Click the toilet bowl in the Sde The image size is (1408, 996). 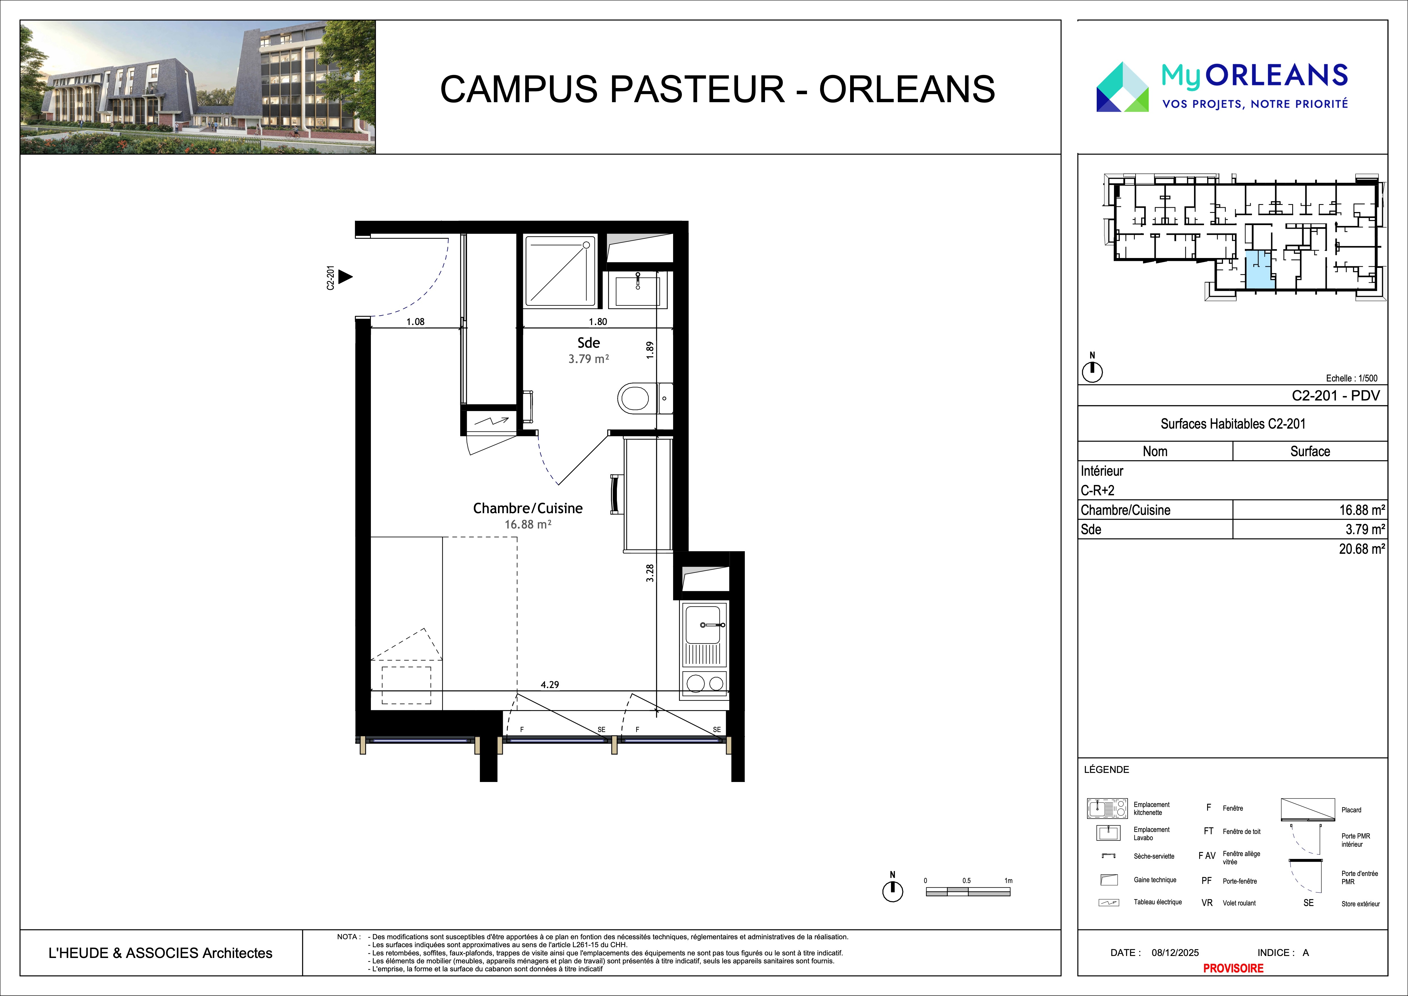point(633,399)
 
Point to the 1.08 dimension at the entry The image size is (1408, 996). point(415,321)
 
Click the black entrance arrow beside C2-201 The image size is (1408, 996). point(346,277)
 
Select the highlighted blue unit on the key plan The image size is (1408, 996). point(1260,270)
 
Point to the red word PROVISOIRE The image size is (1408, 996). point(1233,968)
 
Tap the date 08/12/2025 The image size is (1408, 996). point(1175,953)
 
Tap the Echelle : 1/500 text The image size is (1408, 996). point(1352,378)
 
